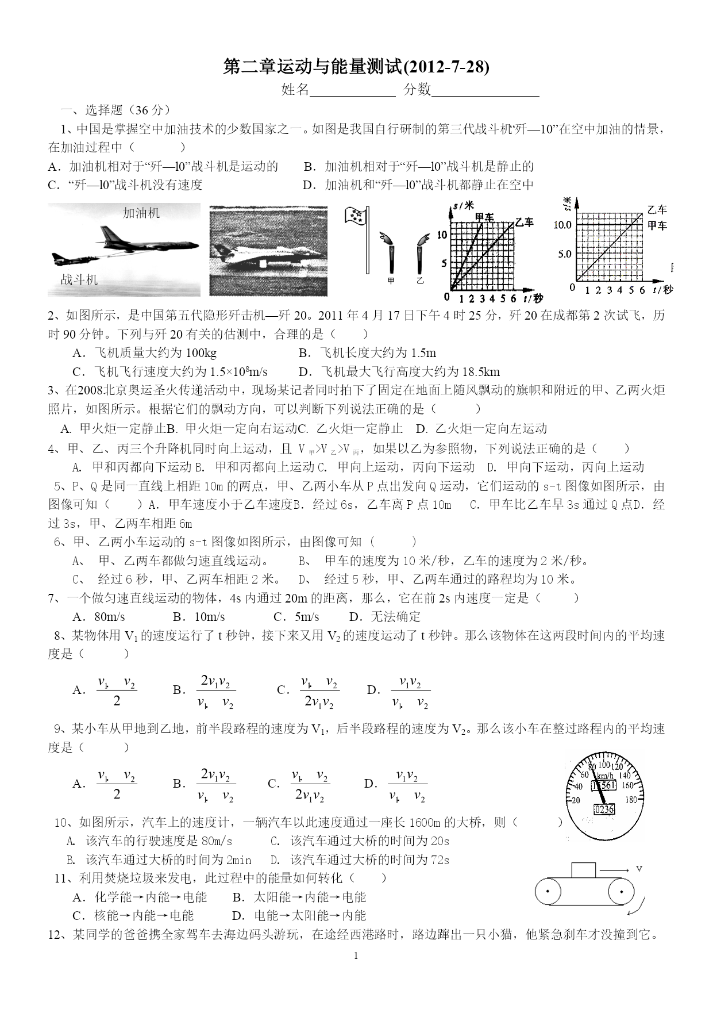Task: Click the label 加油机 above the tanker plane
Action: [141, 213]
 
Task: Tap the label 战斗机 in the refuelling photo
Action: [79, 280]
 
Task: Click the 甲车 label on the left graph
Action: [484, 217]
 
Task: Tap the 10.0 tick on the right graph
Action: [563, 225]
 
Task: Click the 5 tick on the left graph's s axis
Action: [444, 264]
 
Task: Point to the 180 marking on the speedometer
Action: [630, 799]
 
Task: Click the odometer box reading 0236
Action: [604, 809]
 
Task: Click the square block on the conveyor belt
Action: [583, 870]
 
